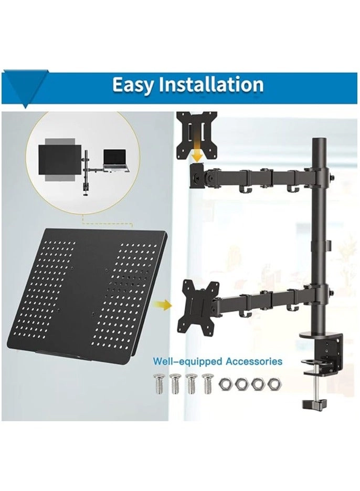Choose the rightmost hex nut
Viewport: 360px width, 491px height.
coord(273,383)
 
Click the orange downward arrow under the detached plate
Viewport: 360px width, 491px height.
coord(197,154)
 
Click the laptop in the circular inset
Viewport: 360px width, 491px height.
coord(115,159)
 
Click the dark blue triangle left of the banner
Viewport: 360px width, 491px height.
coord(25,87)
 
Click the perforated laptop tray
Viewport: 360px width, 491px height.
coord(87,294)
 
